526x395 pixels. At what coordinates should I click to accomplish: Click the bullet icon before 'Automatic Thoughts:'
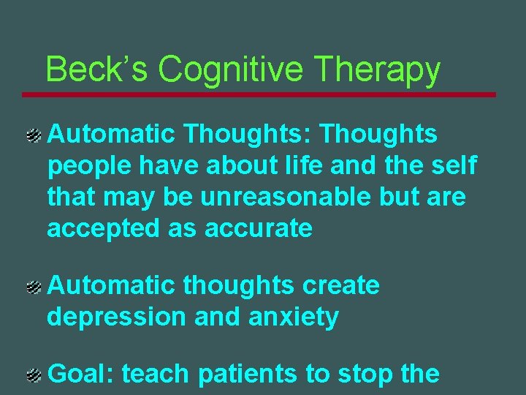(x=33, y=135)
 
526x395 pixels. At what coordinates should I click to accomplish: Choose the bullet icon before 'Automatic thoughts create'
(x=33, y=287)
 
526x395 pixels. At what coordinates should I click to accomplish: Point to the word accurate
(x=259, y=229)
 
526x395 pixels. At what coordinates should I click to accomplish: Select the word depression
(x=117, y=317)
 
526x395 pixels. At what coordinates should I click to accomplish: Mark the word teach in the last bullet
(x=156, y=374)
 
